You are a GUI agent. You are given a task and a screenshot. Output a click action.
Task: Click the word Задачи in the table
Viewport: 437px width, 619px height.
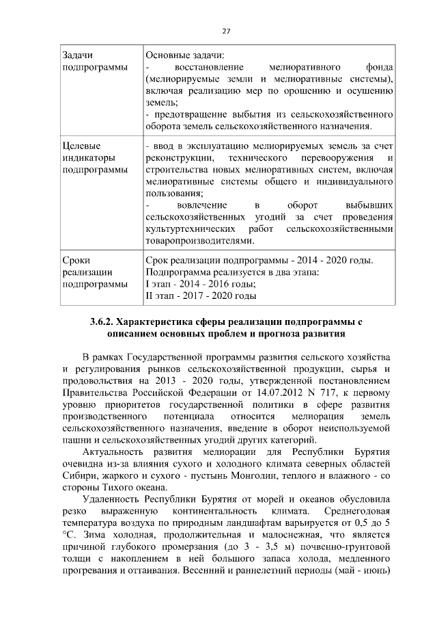77,55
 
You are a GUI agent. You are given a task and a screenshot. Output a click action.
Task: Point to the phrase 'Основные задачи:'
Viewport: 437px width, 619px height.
185,55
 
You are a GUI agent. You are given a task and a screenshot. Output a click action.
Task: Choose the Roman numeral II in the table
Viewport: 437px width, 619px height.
150,296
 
